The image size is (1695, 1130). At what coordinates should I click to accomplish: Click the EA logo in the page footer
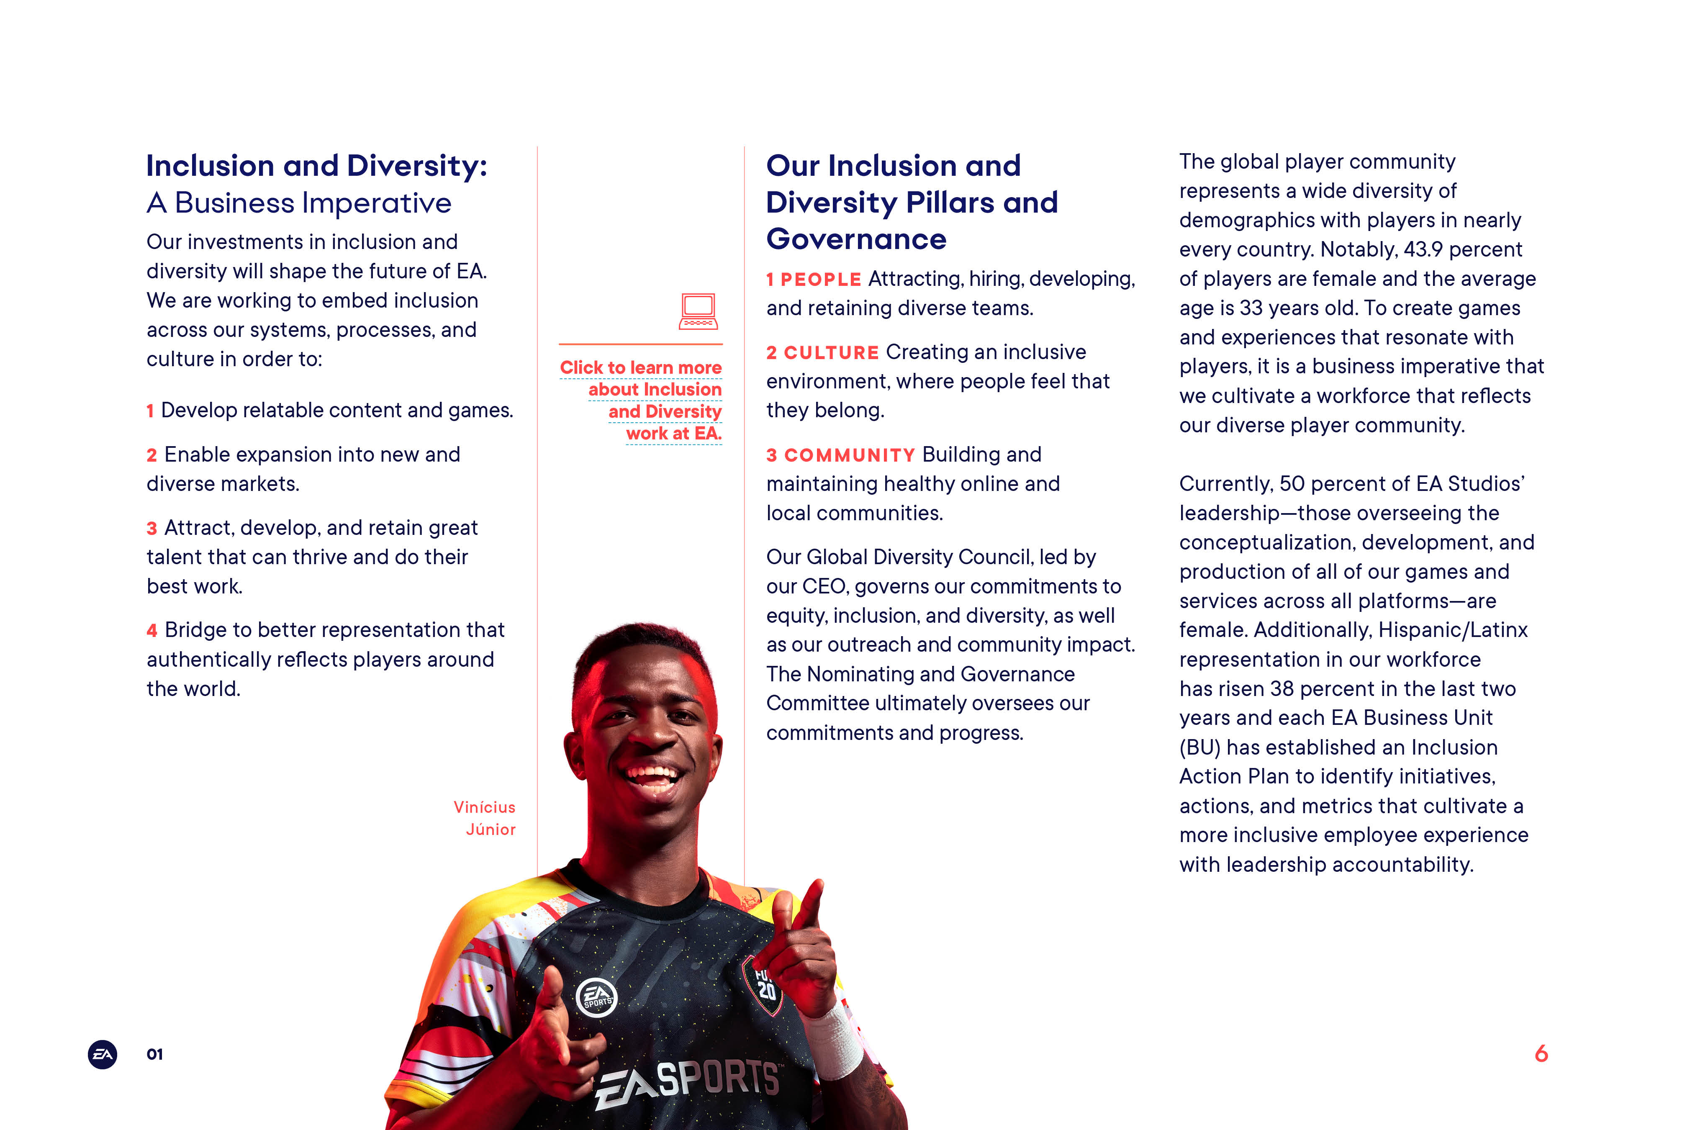point(103,1054)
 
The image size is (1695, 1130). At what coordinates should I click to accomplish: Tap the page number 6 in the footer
point(1541,1053)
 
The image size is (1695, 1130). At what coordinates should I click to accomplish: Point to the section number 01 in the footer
point(155,1054)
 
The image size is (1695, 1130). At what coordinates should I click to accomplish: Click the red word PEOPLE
point(821,280)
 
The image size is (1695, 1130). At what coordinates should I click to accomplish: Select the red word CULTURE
point(831,352)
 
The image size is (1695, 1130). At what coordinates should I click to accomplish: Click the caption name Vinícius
point(484,807)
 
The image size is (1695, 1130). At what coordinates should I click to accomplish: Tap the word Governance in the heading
point(856,239)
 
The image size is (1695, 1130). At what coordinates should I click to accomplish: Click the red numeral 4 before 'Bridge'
point(152,631)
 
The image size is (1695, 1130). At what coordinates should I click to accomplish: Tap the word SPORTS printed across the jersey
point(719,1079)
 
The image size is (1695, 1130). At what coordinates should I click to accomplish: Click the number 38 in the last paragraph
point(1282,689)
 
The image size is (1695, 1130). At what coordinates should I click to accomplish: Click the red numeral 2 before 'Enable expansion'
point(152,455)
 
